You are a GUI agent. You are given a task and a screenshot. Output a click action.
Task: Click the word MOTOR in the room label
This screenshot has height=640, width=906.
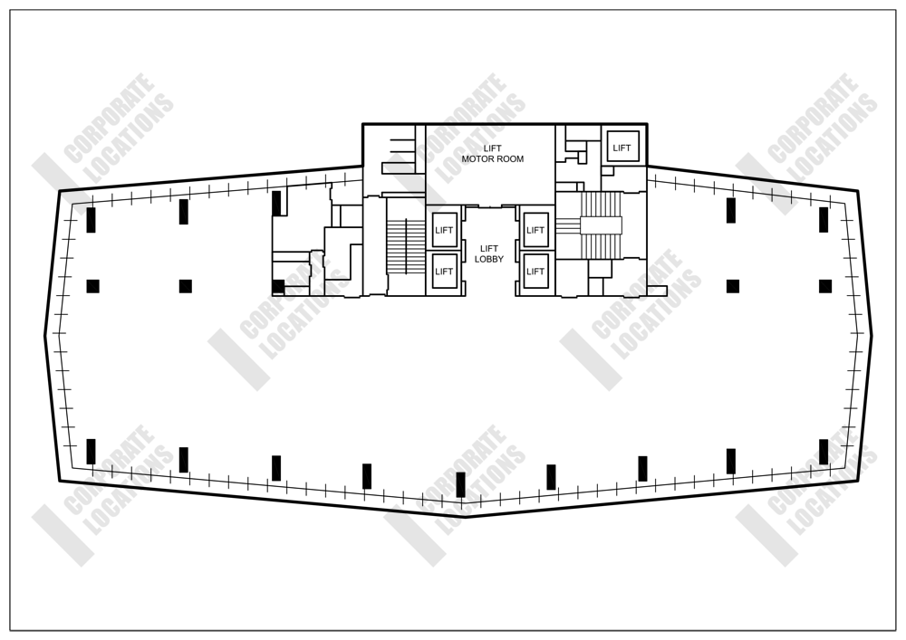pos(478,159)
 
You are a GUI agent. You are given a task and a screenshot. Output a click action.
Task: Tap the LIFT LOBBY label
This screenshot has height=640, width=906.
pos(489,253)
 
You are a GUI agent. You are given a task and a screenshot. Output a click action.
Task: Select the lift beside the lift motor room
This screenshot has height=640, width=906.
pos(622,148)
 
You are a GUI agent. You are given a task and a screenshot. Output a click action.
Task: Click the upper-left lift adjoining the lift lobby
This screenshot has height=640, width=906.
pos(444,230)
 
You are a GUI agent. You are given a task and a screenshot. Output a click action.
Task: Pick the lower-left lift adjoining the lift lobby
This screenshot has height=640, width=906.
pos(444,272)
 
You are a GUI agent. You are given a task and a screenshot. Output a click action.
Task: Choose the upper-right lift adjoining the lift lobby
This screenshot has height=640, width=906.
pos(535,230)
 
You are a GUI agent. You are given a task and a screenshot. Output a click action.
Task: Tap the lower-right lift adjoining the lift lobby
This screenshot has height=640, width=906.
pos(535,272)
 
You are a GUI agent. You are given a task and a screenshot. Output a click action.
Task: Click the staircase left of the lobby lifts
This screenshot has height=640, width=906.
pos(406,246)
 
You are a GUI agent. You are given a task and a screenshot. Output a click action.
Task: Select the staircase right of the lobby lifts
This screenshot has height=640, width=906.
pos(601,224)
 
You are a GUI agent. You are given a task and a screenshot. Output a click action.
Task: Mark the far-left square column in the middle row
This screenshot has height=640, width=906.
pos(92,286)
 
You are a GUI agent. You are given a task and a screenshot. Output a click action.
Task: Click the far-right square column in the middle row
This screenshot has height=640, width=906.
pos(825,286)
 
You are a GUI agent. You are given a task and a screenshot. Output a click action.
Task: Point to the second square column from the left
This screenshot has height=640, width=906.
pos(186,286)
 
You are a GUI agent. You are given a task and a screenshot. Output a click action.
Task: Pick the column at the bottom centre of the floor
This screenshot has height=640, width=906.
pos(460,484)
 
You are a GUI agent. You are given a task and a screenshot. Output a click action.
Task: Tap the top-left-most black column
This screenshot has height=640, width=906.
pos(92,220)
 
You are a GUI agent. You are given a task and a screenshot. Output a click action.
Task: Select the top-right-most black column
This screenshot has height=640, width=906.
pos(824,220)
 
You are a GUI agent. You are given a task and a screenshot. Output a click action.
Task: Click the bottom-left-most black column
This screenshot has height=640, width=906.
pos(92,452)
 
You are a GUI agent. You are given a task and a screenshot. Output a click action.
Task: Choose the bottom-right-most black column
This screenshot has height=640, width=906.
pos(824,452)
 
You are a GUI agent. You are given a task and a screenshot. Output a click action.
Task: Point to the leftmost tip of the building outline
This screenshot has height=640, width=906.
pos(45,336)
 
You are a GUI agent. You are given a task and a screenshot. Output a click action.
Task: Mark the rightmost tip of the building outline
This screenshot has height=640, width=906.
pos(872,336)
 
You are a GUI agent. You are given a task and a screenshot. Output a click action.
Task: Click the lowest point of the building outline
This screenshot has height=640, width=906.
pos(462,517)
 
